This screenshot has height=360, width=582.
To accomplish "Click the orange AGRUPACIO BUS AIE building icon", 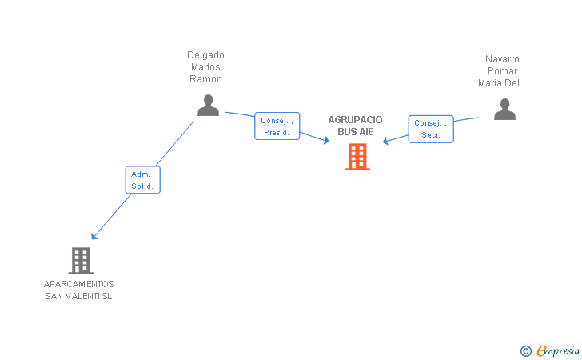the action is [357, 157].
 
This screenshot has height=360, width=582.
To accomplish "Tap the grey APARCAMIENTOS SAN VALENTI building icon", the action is [81, 261].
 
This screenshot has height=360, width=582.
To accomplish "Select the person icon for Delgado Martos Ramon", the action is [208, 106].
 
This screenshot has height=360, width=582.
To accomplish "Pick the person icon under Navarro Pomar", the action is [504, 110].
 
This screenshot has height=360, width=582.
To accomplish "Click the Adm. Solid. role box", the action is [143, 180].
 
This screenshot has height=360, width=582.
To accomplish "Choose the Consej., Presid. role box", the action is [277, 126].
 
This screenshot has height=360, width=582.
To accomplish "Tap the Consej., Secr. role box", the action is [431, 129].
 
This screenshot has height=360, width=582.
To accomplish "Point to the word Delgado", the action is [205, 55].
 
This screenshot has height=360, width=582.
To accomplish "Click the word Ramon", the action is [205, 79].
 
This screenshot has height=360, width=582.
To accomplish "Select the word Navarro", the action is [502, 59].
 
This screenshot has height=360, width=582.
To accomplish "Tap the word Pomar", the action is [502, 71].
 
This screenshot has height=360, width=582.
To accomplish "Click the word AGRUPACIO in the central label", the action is [355, 120].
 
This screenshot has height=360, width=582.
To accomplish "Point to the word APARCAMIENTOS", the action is [78, 284].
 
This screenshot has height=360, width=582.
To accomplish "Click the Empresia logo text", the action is [558, 350].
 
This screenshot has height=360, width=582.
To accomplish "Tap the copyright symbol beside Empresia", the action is [526, 351].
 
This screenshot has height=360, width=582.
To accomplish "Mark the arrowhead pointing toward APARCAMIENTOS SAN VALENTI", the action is [94, 236].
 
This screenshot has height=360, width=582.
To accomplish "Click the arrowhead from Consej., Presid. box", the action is [326, 141].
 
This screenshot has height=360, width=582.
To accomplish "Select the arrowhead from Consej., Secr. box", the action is [385, 141].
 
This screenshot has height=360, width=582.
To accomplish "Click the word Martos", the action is [205, 67].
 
